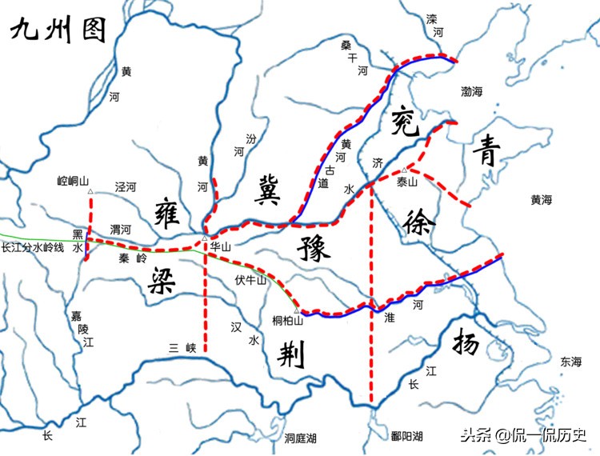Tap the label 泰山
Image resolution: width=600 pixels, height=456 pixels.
[x=407, y=182]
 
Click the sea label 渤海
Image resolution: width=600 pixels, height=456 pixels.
[x=472, y=92]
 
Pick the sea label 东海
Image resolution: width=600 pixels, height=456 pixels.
[x=571, y=362]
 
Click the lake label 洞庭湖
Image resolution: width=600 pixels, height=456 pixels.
[x=301, y=438]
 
